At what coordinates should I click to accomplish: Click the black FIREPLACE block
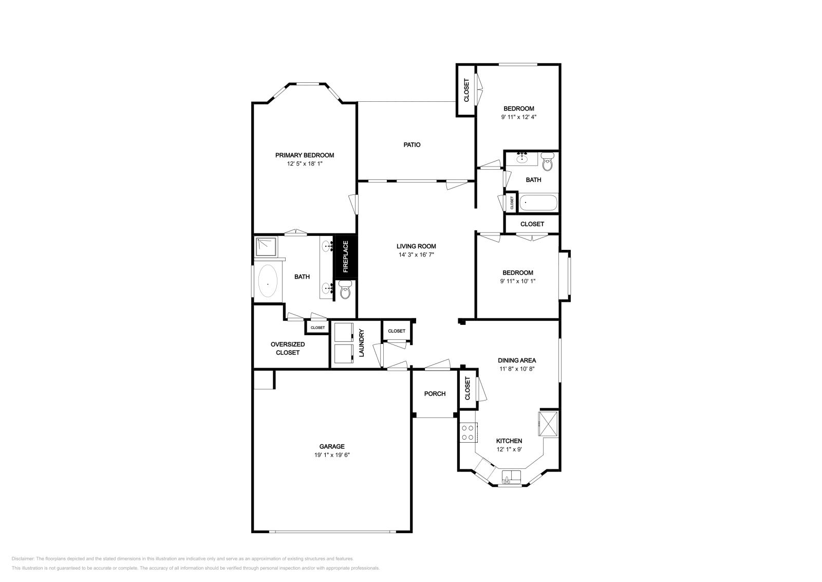(345, 257)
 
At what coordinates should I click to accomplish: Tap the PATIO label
(412, 145)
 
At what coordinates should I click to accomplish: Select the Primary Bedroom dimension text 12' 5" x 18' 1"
(304, 164)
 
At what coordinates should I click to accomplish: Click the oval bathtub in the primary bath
(267, 281)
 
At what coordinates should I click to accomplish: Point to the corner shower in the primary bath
(266, 247)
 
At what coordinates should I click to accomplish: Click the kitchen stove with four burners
(468, 432)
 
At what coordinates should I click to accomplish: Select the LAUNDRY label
(361, 343)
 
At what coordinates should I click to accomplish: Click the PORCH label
(435, 394)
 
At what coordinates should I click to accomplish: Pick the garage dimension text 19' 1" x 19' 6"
(332, 455)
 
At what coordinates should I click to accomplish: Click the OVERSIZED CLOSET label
(288, 349)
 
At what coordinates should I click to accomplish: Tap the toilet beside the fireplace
(345, 292)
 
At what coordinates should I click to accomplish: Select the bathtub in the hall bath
(538, 203)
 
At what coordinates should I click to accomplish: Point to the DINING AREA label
(517, 360)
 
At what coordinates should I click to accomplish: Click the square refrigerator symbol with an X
(548, 423)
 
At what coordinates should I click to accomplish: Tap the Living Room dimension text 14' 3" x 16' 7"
(416, 254)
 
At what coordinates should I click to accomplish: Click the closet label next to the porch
(468, 389)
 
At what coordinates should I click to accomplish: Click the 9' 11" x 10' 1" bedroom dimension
(518, 281)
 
